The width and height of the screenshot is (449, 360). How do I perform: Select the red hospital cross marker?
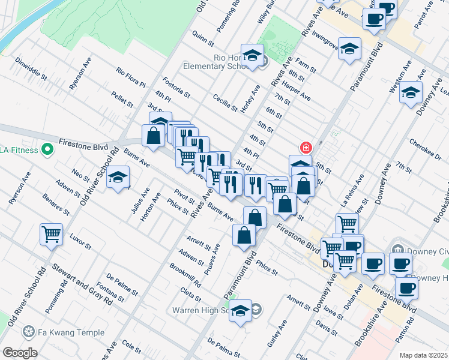(x=306, y=147)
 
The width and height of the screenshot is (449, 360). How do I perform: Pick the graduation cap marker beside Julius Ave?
(x=118, y=178)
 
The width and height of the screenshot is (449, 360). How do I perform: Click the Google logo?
(x=19, y=353)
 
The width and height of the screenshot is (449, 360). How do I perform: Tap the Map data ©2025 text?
(x=423, y=355)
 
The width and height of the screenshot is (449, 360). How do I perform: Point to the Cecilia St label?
(x=225, y=101)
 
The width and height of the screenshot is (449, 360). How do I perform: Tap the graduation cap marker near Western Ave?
(x=411, y=92)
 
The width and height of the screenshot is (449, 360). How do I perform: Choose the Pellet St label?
(x=122, y=100)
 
